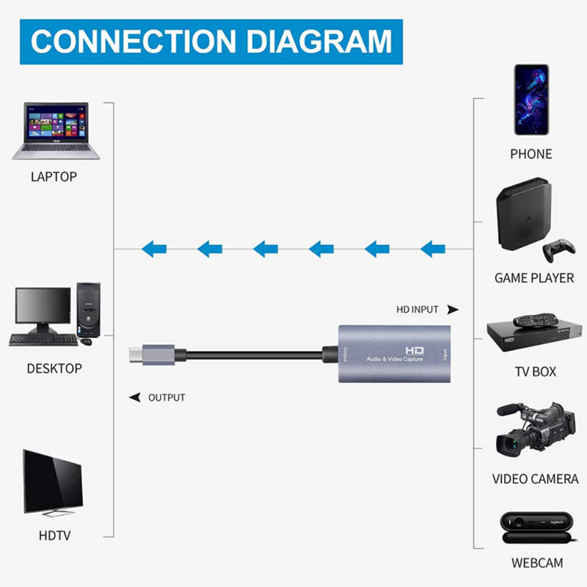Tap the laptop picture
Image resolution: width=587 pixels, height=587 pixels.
56,131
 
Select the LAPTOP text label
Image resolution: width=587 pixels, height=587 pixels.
54,177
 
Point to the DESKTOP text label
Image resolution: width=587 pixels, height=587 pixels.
54,368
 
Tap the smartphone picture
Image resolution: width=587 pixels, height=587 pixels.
531,98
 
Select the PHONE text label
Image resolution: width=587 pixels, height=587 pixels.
531,154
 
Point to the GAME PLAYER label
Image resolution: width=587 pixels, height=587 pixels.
534,278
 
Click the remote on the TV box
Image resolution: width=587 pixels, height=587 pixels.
533,321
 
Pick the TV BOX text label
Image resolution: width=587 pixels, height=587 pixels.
535,372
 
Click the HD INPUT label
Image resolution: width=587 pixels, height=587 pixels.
418,310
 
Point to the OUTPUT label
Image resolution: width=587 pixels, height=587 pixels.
167,398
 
